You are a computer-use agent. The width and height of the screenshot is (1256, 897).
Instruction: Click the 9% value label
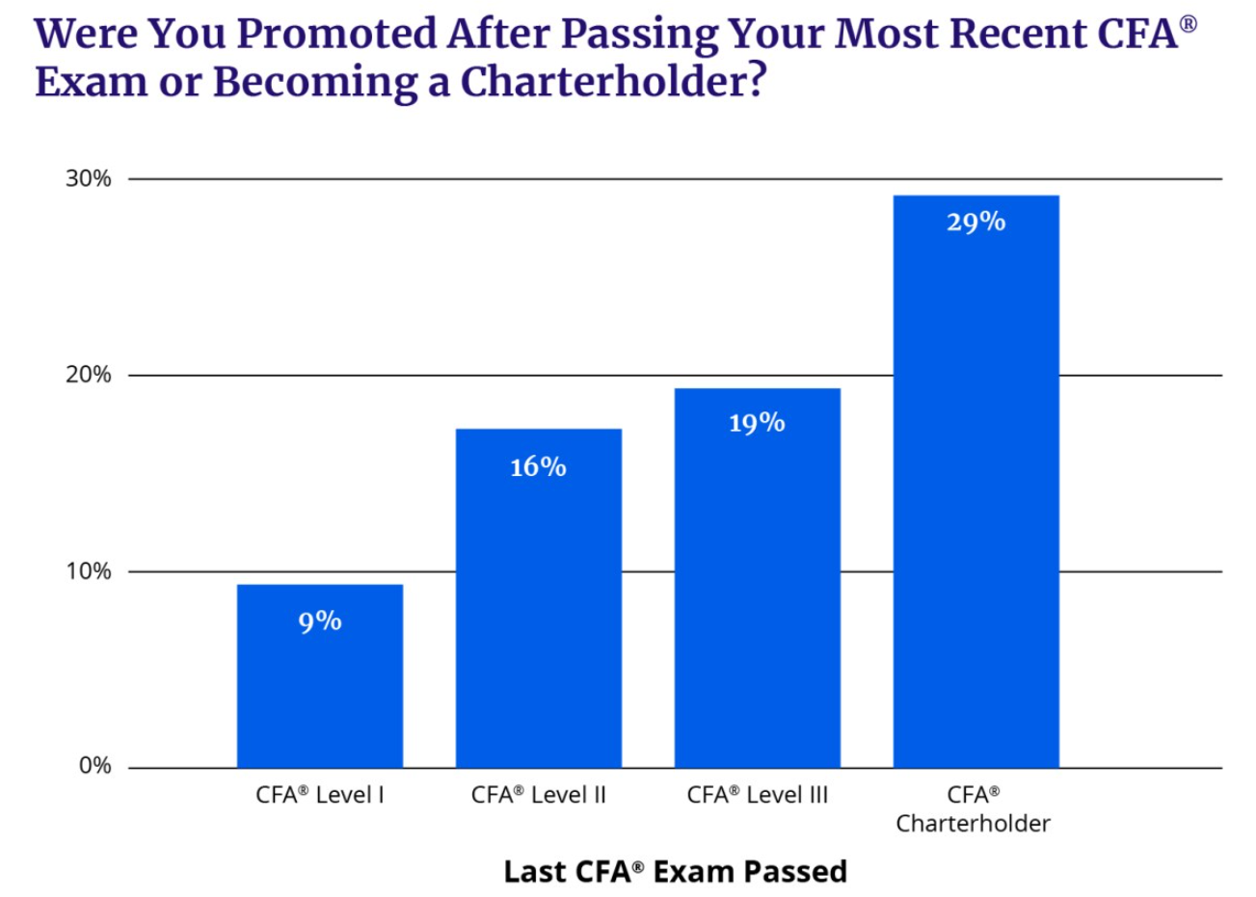tap(320, 621)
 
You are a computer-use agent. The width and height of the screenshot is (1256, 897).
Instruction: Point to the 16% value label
tap(538, 467)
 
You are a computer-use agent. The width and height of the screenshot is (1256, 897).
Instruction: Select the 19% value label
tap(757, 423)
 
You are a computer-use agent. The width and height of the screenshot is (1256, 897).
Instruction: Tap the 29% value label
tap(975, 223)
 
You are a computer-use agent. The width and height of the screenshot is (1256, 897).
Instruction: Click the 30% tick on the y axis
tap(89, 179)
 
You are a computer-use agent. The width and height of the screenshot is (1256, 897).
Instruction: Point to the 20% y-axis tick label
tap(89, 375)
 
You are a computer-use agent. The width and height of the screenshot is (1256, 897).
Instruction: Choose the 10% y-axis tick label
tap(89, 571)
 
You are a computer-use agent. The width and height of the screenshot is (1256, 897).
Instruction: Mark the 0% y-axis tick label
tap(94, 766)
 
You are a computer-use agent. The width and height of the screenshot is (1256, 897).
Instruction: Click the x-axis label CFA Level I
tap(320, 795)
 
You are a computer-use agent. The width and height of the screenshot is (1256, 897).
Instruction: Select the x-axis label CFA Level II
tap(538, 795)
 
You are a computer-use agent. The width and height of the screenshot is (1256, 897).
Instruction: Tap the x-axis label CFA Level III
tap(757, 795)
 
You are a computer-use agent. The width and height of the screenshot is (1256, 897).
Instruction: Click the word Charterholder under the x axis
tap(973, 824)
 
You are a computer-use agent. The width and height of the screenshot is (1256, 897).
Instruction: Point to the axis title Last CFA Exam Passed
tap(675, 871)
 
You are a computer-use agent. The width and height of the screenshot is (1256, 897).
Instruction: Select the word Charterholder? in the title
tap(613, 81)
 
